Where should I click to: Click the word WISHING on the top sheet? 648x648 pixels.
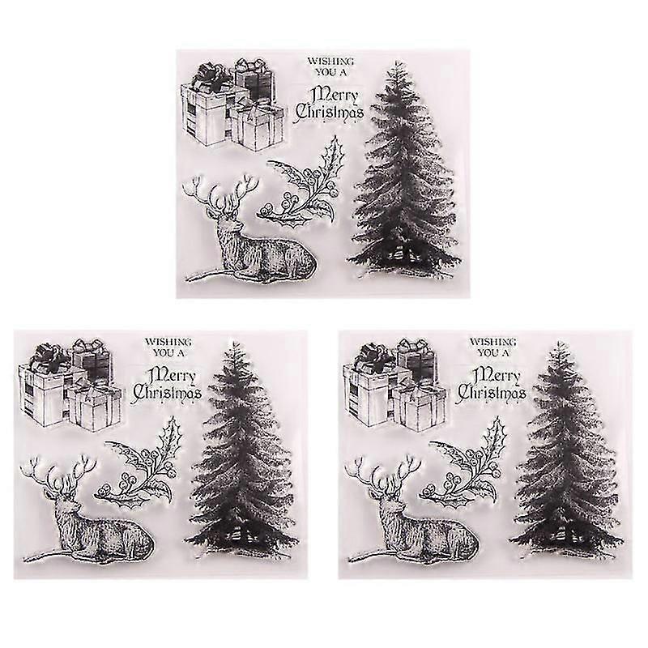(330, 62)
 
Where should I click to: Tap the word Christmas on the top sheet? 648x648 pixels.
(330, 113)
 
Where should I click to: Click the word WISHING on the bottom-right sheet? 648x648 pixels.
(492, 342)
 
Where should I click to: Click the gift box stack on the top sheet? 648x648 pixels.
(232, 104)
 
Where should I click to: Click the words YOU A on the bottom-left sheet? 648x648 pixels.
(168, 353)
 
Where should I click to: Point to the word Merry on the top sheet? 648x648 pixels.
(335, 95)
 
